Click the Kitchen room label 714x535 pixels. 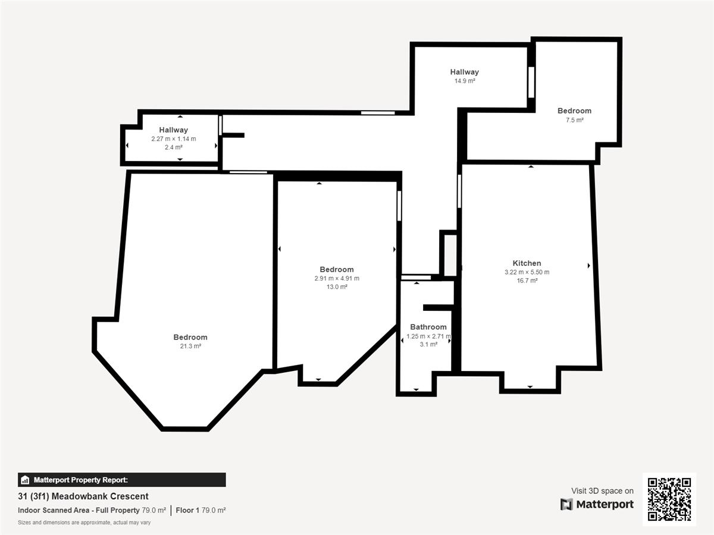[527, 263]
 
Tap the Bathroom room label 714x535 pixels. [428, 327]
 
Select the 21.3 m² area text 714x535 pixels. [190, 346]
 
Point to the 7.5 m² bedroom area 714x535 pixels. [574, 120]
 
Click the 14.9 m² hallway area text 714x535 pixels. [465, 81]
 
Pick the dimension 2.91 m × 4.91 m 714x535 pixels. [337, 278]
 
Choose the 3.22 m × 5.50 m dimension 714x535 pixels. [527, 272]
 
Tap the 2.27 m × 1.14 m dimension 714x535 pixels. [173, 139]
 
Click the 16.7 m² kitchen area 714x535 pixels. [527, 281]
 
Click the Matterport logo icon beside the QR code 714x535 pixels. [566, 505]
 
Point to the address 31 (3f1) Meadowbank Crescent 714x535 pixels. [83, 496]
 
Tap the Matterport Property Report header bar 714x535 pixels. [121, 480]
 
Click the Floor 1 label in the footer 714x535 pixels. [187, 510]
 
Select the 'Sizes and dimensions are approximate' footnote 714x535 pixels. [84, 523]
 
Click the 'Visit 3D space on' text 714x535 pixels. [602, 491]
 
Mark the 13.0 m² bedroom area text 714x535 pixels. [337, 287]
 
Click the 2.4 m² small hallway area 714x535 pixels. [173, 147]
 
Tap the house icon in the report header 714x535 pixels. [25, 480]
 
